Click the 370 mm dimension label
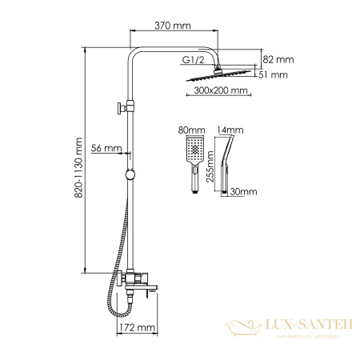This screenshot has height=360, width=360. pos(171,26)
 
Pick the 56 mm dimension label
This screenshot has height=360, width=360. pos(106,149)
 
